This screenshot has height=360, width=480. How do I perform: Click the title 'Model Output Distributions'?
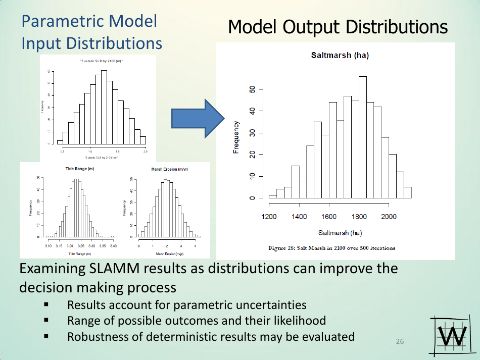(338, 27)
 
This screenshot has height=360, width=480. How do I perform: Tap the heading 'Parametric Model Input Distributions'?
(91, 32)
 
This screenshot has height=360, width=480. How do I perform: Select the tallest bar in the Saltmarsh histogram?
(363, 136)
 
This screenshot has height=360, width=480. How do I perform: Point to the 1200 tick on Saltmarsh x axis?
(269, 217)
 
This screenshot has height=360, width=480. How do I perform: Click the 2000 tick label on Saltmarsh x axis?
(389, 217)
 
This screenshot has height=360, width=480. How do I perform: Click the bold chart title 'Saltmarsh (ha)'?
(340, 56)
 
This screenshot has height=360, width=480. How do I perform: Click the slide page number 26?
(400, 342)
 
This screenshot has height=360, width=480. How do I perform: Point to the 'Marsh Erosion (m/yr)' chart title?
(170, 169)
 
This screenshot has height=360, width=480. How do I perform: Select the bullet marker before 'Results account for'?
(46, 305)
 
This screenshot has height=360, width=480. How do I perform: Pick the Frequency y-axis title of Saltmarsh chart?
(236, 137)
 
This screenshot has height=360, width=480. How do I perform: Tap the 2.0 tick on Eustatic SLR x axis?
(146, 151)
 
